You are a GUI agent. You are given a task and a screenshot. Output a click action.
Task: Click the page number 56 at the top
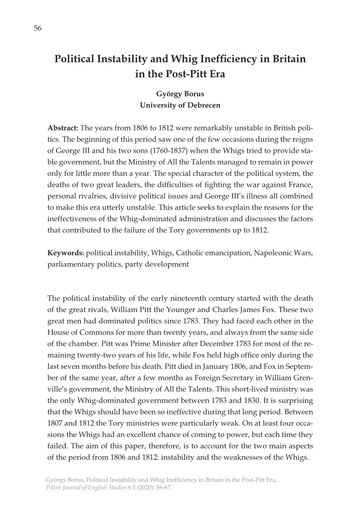coord(38,29)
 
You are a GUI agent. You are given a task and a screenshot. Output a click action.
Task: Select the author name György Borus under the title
coord(180,94)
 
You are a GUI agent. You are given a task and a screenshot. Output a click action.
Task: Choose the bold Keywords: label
coord(66,253)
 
